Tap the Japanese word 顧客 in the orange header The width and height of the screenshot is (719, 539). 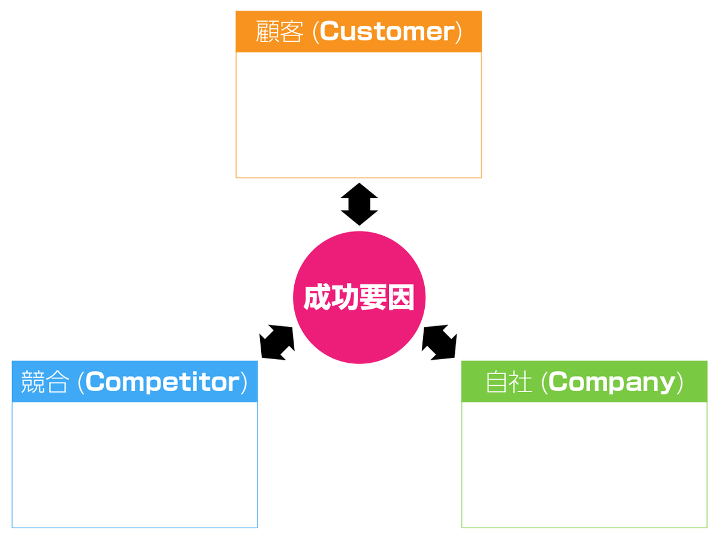(x=279, y=32)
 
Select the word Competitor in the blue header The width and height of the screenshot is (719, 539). (x=162, y=383)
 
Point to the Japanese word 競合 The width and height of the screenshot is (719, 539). (x=44, y=383)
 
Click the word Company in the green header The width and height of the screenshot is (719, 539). (x=612, y=383)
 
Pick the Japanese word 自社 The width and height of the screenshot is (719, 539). (x=509, y=383)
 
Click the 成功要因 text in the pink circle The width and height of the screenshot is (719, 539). (x=359, y=298)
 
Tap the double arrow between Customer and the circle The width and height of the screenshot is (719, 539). (x=359, y=204)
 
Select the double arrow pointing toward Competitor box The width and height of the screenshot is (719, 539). (x=277, y=342)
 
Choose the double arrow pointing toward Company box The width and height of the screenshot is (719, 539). (x=440, y=342)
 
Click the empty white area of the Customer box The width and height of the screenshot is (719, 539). (x=358, y=115)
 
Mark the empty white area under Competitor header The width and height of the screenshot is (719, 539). (x=134, y=464)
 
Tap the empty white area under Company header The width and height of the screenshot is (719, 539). (x=584, y=464)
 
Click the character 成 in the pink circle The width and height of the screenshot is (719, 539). (x=317, y=298)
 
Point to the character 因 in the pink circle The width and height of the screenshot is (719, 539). (x=400, y=298)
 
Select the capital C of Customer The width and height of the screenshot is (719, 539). (x=330, y=32)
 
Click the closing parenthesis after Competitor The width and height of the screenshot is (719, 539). (x=244, y=383)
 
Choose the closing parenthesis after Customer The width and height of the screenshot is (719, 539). (x=458, y=32)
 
